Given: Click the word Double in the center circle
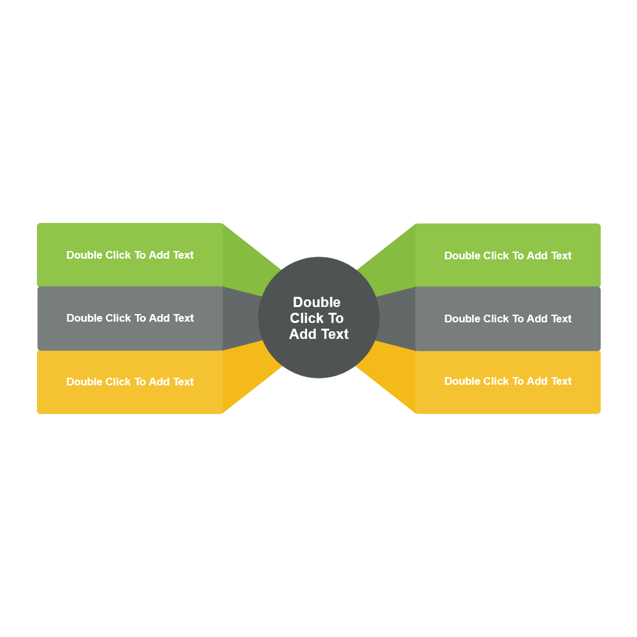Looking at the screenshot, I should pyautogui.click(x=317, y=302).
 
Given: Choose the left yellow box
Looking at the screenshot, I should pyautogui.click(x=127, y=398).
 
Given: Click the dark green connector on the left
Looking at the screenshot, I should pyautogui.click(x=245, y=268).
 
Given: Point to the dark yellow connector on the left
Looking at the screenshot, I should pyautogui.click(x=245, y=373).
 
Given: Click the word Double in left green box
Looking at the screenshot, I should pyautogui.click(x=84, y=255).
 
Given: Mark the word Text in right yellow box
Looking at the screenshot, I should pyautogui.click(x=561, y=381).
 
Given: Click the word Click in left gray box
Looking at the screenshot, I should pyautogui.click(x=118, y=318).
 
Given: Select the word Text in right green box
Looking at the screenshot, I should pyautogui.click(x=561, y=255).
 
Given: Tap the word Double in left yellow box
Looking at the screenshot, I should pyautogui.click(x=84, y=382).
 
